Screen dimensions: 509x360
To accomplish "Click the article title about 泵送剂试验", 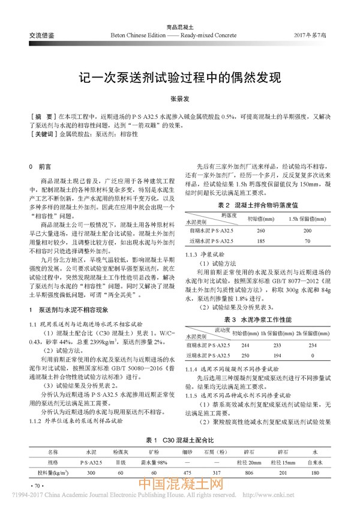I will [180, 78].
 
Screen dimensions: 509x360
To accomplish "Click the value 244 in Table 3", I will [245, 345].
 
